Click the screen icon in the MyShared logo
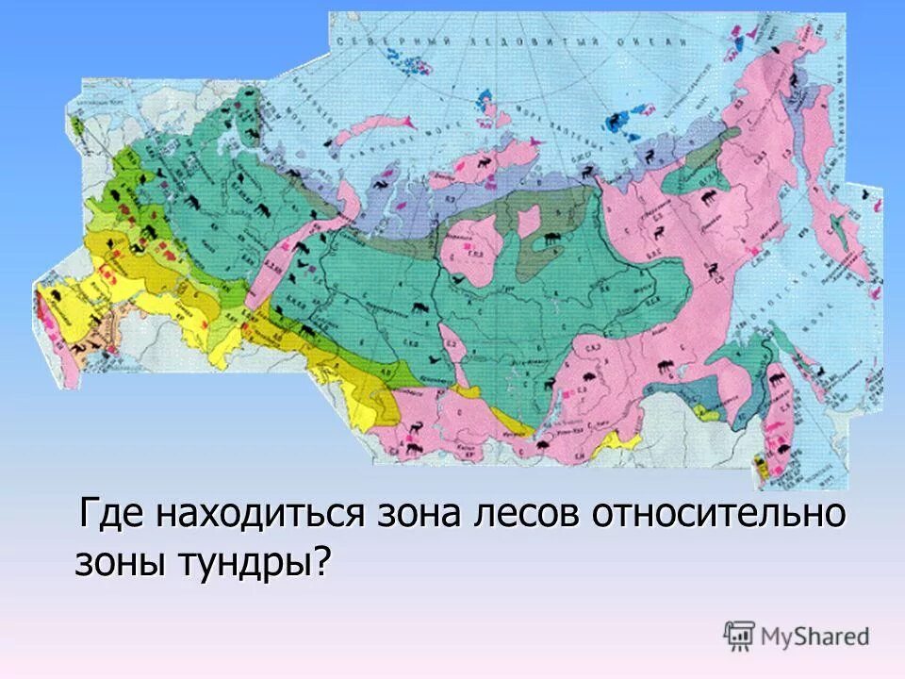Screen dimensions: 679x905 point(739,636)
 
